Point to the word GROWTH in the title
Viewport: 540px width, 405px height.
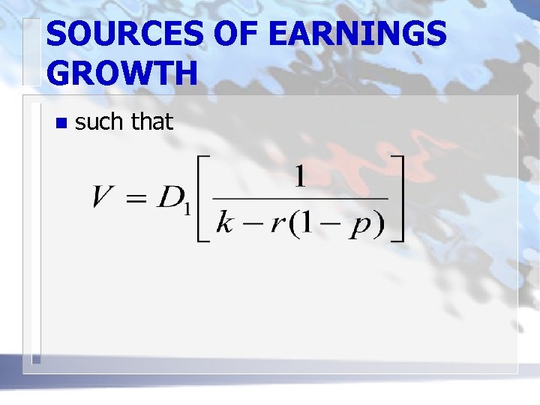pos(121,73)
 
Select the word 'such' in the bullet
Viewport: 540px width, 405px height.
pos(100,121)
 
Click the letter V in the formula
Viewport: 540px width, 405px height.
pos(104,197)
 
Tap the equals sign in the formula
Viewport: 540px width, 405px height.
pos(135,198)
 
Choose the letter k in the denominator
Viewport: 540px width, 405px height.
pos(224,223)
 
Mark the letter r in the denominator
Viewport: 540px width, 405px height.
pos(277,224)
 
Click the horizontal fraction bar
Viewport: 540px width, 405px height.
pos(300,199)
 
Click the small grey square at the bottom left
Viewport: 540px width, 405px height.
pos(35,359)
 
